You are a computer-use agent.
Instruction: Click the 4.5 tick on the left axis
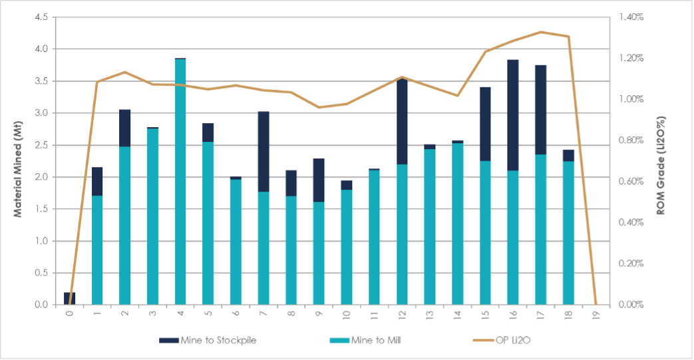(x=41, y=17)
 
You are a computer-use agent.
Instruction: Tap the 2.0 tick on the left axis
(x=41, y=177)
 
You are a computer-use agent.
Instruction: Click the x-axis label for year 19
(x=596, y=313)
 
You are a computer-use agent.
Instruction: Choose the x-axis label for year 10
(x=346, y=313)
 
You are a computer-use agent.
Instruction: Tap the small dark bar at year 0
(x=69, y=299)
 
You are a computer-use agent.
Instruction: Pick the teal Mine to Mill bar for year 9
(x=319, y=253)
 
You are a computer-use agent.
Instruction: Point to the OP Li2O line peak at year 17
(x=540, y=32)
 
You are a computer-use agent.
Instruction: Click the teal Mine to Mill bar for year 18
(x=568, y=233)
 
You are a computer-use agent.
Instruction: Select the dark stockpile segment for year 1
(x=97, y=181)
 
